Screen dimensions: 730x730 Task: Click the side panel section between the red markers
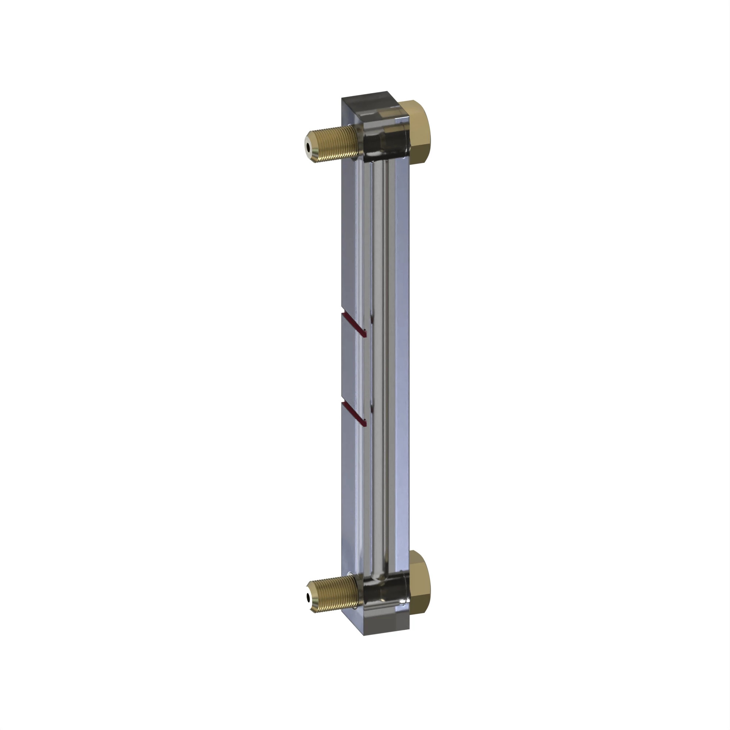(353, 368)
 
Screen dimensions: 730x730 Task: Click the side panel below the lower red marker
(351, 491)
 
